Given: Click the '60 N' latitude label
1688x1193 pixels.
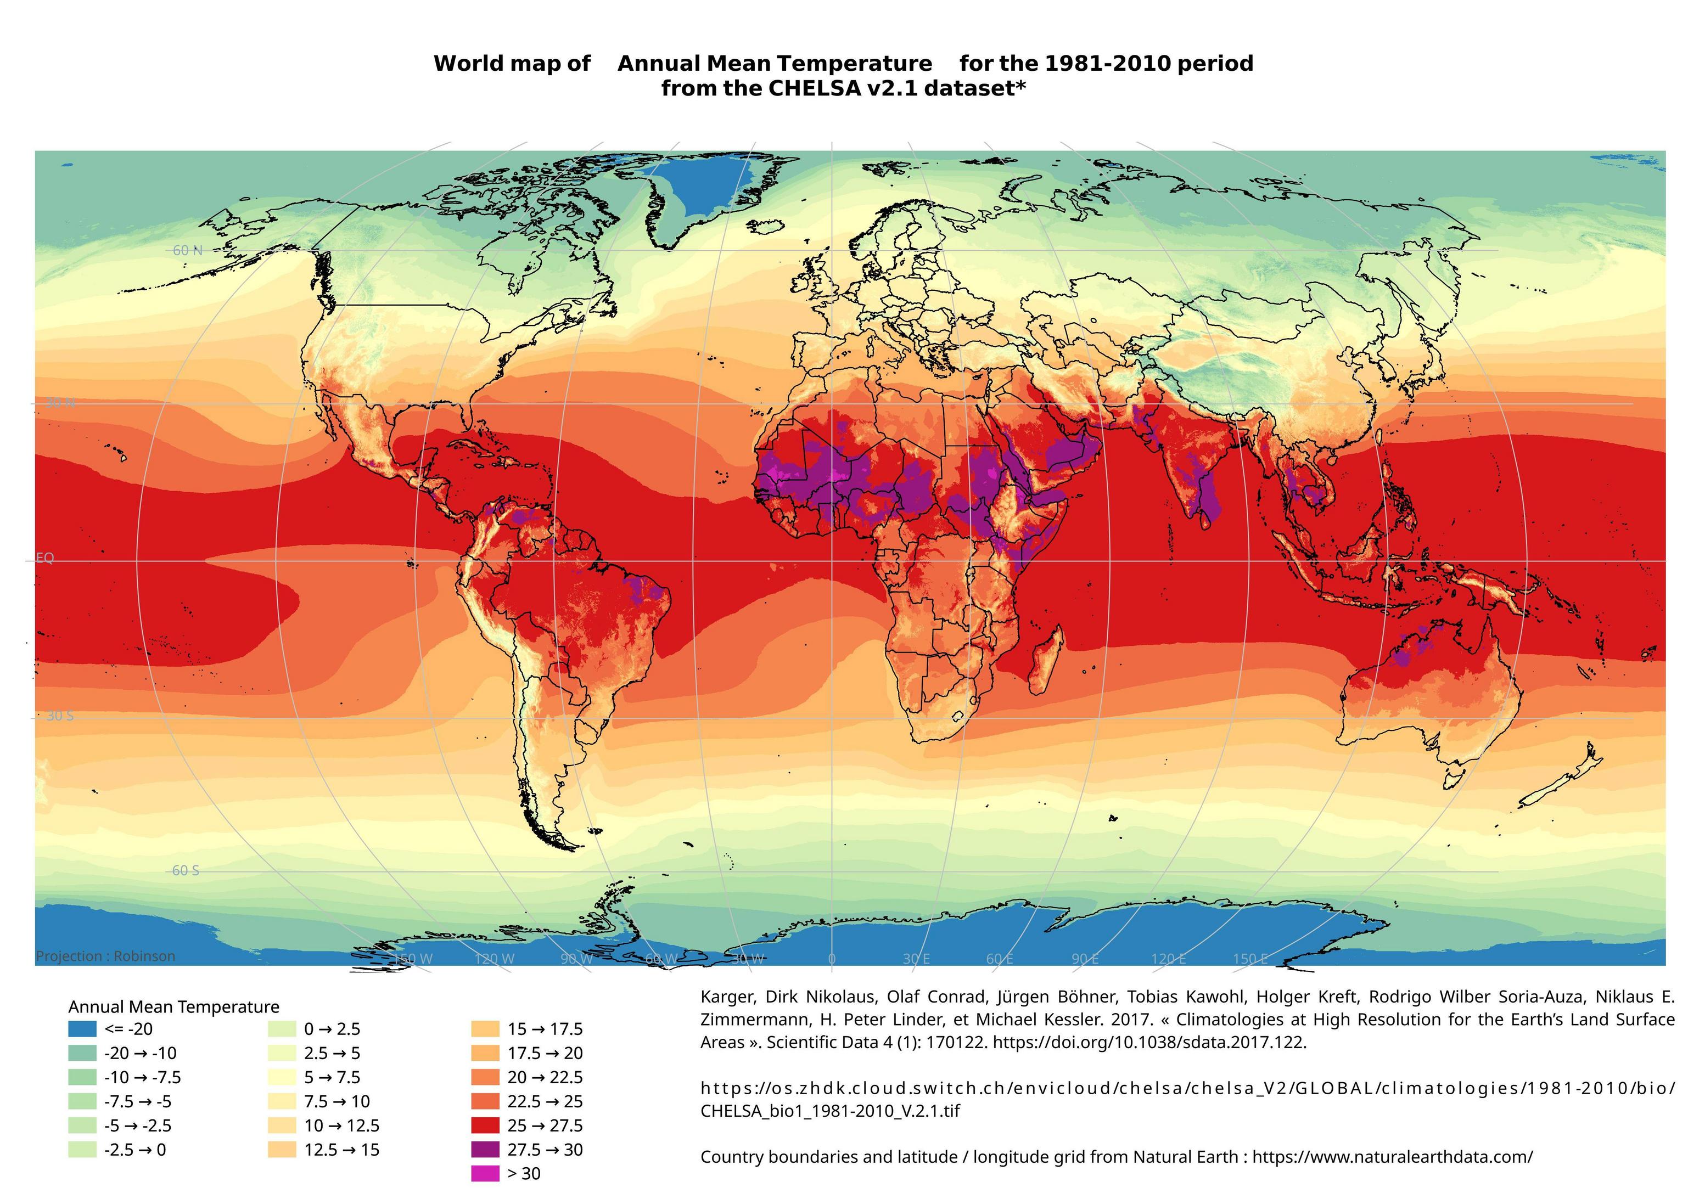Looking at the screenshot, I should pyautogui.click(x=188, y=251).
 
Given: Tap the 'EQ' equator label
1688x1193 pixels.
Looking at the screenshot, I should pyautogui.click(x=45, y=558).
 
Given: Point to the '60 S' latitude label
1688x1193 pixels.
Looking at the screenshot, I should pyautogui.click(x=186, y=870).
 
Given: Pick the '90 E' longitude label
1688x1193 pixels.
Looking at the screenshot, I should pyautogui.click(x=1085, y=959).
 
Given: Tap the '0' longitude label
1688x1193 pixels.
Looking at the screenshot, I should pyautogui.click(x=832, y=959).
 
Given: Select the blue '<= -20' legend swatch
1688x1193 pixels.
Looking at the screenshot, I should pyautogui.click(x=82, y=1029).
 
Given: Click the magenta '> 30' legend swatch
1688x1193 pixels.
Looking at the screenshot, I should pyautogui.click(x=485, y=1174).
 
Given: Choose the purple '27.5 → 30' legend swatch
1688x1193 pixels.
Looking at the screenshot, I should pyautogui.click(x=485, y=1150).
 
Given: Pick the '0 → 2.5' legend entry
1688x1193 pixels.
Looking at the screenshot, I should pyautogui.click(x=332, y=1029).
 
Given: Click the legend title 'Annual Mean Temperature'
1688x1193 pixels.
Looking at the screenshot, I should pyautogui.click(x=173, y=1006).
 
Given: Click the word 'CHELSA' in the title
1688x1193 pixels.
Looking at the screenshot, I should pyautogui.click(x=814, y=88).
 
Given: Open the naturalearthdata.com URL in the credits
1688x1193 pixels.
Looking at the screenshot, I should pyautogui.click(x=1393, y=1157).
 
